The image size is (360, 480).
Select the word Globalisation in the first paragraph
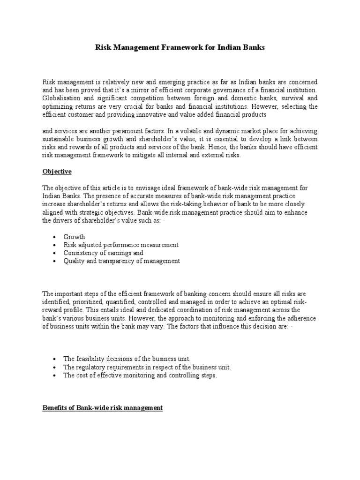click(x=60, y=98)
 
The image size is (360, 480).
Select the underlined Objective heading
click(x=57, y=172)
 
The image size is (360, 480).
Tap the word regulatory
click(x=89, y=367)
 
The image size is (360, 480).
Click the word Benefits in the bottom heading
click(x=55, y=408)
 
